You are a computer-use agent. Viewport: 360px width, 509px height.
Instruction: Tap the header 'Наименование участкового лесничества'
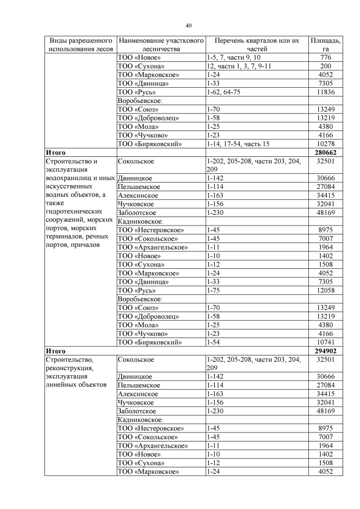[x=160, y=45]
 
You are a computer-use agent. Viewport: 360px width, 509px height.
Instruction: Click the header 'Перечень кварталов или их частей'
[x=256, y=45]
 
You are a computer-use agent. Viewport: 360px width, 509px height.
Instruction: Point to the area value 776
[x=326, y=57]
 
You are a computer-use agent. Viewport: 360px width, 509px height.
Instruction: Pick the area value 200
[x=326, y=66]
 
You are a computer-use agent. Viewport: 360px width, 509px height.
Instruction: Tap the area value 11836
[x=326, y=92]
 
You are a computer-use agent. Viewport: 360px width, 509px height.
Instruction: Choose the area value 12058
[x=326, y=290]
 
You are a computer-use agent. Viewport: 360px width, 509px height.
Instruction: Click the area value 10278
[x=326, y=144]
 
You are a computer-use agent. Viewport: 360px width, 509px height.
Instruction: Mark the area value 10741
[x=326, y=341]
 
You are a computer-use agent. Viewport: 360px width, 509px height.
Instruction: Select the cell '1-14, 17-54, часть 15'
[x=238, y=144]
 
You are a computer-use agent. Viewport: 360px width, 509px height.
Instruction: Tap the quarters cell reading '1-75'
[x=213, y=290]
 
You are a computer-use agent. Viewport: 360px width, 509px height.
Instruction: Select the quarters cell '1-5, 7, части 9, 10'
[x=234, y=57]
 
